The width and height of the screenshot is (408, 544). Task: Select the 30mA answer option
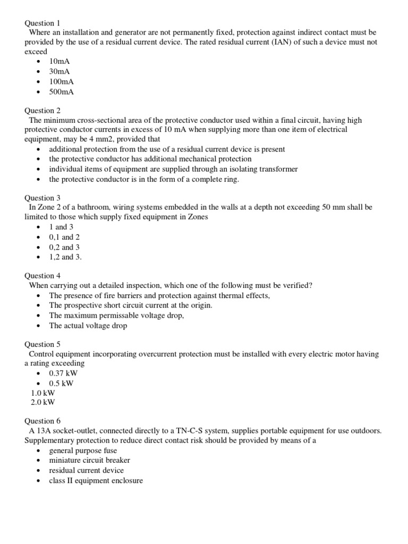point(59,71)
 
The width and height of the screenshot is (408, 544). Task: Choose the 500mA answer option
point(61,91)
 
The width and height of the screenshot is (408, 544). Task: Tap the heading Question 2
point(43,110)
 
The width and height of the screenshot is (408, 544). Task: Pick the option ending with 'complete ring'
point(144,179)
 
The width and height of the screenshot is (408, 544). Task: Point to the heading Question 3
point(43,198)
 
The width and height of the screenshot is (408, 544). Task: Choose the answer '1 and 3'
point(61,227)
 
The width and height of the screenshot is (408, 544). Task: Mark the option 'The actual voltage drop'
point(88,325)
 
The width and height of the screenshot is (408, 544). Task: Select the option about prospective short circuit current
point(131,305)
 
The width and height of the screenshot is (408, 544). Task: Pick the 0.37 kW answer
point(63,373)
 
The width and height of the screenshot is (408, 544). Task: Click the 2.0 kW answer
point(43,402)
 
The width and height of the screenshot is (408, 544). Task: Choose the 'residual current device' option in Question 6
point(86,470)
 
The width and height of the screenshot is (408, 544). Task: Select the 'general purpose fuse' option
point(82,450)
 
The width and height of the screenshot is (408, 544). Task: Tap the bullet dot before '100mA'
point(40,82)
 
